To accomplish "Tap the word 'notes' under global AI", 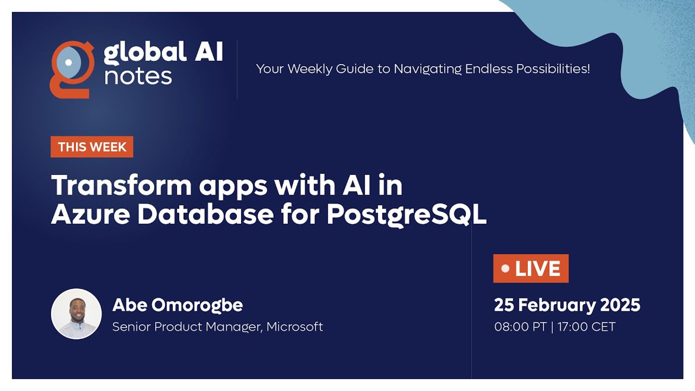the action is point(138,76).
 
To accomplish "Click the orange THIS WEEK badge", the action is point(92,147).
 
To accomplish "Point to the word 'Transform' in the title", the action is point(122,185).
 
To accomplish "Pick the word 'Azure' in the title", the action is point(90,214).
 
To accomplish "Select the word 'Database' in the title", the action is point(206,214).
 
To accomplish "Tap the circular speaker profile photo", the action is point(76,314).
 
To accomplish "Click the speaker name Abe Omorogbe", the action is point(178,305).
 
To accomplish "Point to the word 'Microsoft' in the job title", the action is point(295,327).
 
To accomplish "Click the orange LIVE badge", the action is point(531,268).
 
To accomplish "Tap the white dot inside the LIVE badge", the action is point(505,269).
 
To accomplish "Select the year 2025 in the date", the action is point(620,305).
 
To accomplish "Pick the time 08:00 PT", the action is point(520,327).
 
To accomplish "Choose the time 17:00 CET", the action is point(586,327).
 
